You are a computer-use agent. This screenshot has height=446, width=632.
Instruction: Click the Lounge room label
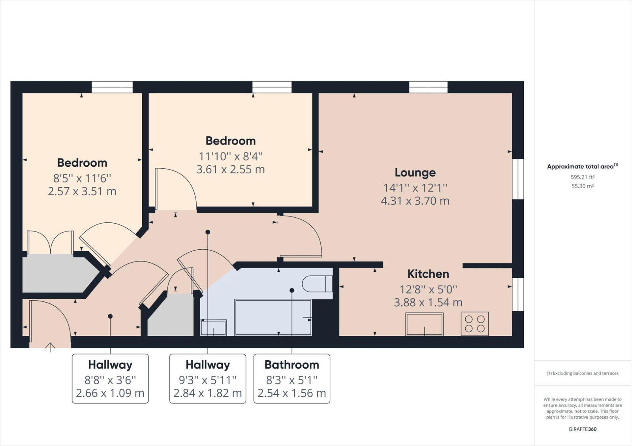click(x=415, y=173)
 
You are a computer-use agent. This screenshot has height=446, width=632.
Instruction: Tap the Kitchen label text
click(x=428, y=274)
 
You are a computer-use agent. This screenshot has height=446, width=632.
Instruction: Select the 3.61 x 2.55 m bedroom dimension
click(x=230, y=169)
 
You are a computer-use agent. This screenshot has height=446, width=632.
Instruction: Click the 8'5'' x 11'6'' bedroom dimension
click(x=82, y=178)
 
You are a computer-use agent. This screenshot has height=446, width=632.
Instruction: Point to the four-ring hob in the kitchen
click(x=474, y=324)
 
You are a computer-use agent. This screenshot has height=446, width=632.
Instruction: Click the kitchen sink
click(x=424, y=324)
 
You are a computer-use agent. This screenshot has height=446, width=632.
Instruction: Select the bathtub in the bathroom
click(x=273, y=317)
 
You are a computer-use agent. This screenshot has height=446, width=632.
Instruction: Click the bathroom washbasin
click(x=213, y=328)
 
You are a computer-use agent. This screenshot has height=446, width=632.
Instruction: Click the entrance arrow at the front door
click(x=50, y=347)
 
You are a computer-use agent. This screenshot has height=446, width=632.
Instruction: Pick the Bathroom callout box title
click(x=292, y=365)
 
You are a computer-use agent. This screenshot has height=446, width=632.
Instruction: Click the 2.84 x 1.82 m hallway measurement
click(x=207, y=393)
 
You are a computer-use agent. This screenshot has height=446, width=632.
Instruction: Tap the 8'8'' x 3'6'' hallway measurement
click(x=110, y=380)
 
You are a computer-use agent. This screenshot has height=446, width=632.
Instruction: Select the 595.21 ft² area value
click(x=582, y=177)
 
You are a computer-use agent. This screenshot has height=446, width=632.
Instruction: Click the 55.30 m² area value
click(x=582, y=186)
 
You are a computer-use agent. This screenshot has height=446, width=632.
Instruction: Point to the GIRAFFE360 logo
click(x=582, y=429)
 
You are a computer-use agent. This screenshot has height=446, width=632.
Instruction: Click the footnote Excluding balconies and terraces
click(x=582, y=373)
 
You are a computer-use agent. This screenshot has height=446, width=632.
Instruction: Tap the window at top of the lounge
click(x=428, y=87)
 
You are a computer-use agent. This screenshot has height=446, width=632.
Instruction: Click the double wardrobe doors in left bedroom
click(x=50, y=242)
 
